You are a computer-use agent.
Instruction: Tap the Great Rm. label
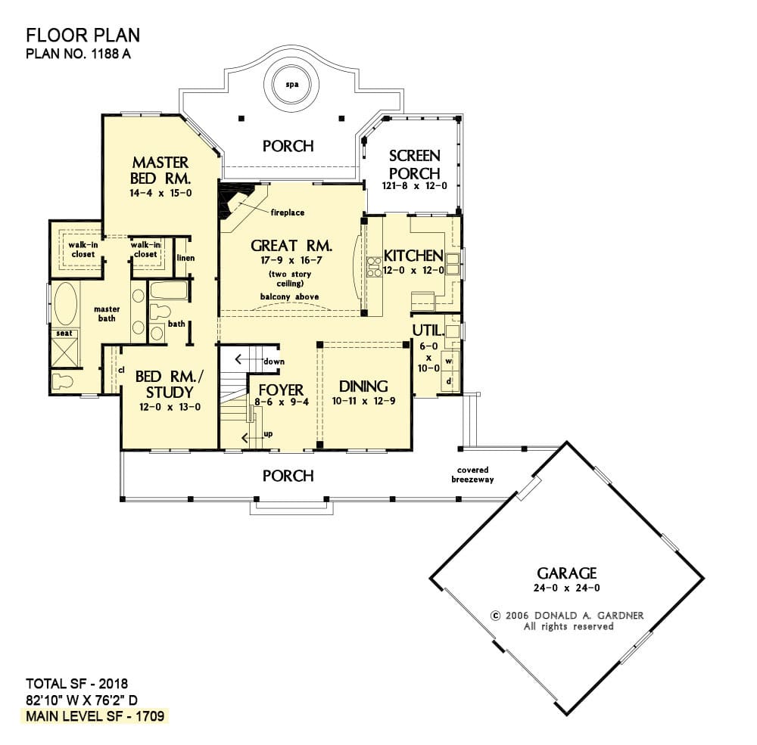click(x=291, y=246)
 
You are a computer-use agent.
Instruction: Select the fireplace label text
click(x=287, y=213)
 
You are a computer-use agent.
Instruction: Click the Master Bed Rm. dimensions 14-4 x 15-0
click(x=160, y=193)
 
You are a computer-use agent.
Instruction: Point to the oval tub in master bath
click(x=66, y=303)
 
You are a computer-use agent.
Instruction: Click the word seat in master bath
click(x=64, y=334)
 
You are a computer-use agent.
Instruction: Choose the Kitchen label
click(x=413, y=256)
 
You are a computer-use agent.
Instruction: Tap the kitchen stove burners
click(x=374, y=267)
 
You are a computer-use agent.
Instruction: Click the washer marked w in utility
click(x=448, y=361)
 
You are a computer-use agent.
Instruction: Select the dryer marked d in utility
click(x=449, y=381)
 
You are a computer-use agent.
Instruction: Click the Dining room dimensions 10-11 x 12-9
click(x=363, y=401)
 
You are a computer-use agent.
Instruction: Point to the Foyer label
click(x=281, y=390)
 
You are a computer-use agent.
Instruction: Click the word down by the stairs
click(x=274, y=362)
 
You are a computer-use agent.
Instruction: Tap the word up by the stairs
click(x=268, y=434)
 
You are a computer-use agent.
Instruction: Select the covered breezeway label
click(x=472, y=474)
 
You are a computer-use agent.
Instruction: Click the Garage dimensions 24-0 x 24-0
click(x=567, y=588)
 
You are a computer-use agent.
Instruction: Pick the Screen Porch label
click(x=415, y=165)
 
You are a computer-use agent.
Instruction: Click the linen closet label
click(x=186, y=258)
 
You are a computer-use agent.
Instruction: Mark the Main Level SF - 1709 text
click(x=95, y=716)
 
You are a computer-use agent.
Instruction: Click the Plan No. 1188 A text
click(x=78, y=53)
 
